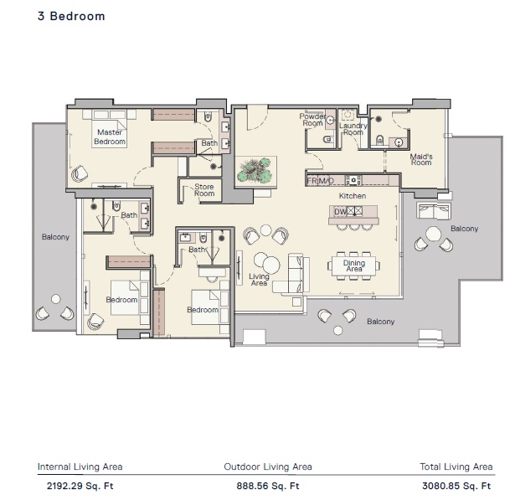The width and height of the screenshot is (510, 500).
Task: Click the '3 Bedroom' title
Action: pyautogui.click(x=71, y=16)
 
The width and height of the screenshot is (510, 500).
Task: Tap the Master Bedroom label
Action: pyautogui.click(x=110, y=137)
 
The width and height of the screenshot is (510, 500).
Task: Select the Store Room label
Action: pyautogui.click(x=204, y=190)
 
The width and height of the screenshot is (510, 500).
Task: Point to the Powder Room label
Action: pyautogui.click(x=312, y=120)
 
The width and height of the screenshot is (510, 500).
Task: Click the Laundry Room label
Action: pyautogui.click(x=352, y=129)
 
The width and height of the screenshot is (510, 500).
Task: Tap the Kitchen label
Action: pyautogui.click(x=353, y=196)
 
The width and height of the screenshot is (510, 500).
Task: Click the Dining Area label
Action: pyautogui.click(x=354, y=265)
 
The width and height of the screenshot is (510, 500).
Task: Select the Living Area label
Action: pyautogui.click(x=260, y=280)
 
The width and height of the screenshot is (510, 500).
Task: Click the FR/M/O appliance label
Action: pyautogui.click(x=321, y=180)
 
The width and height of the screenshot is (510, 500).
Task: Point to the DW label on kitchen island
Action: pyautogui.click(x=340, y=212)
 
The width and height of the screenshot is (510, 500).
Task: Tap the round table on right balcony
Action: pyautogui.click(x=434, y=233)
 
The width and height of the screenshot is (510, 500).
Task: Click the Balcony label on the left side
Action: pyautogui.click(x=55, y=237)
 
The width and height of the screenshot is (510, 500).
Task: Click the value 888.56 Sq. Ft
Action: pyautogui.click(x=267, y=485)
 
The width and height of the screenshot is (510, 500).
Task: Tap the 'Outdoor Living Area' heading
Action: pyautogui.click(x=268, y=467)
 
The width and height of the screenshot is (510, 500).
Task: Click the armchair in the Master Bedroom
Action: pyautogui.click(x=81, y=173)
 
